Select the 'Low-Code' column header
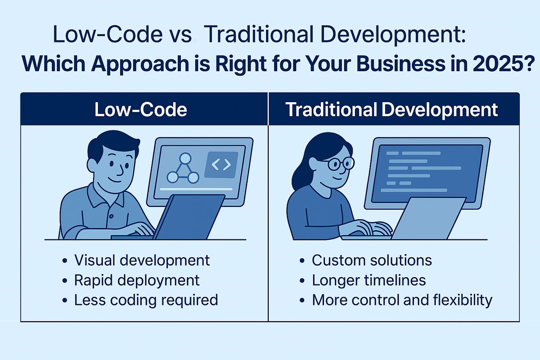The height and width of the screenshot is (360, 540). pos(141,110)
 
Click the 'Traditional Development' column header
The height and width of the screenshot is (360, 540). pos(391,110)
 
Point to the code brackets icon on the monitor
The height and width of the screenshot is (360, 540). pos(221,165)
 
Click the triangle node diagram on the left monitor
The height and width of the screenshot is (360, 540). pos(183,168)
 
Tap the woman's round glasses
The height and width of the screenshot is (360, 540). pos(342,163)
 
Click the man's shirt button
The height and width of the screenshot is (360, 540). pos(111,216)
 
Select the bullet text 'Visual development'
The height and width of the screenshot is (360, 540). pos(142,261)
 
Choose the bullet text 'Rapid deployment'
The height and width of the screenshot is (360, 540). pos(137,281)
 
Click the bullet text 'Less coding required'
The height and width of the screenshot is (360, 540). pos(146,300)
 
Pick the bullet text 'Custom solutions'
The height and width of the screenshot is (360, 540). pos(372,261)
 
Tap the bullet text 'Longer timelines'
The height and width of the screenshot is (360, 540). pos(369,280)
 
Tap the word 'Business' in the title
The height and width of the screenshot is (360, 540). pos(400,63)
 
